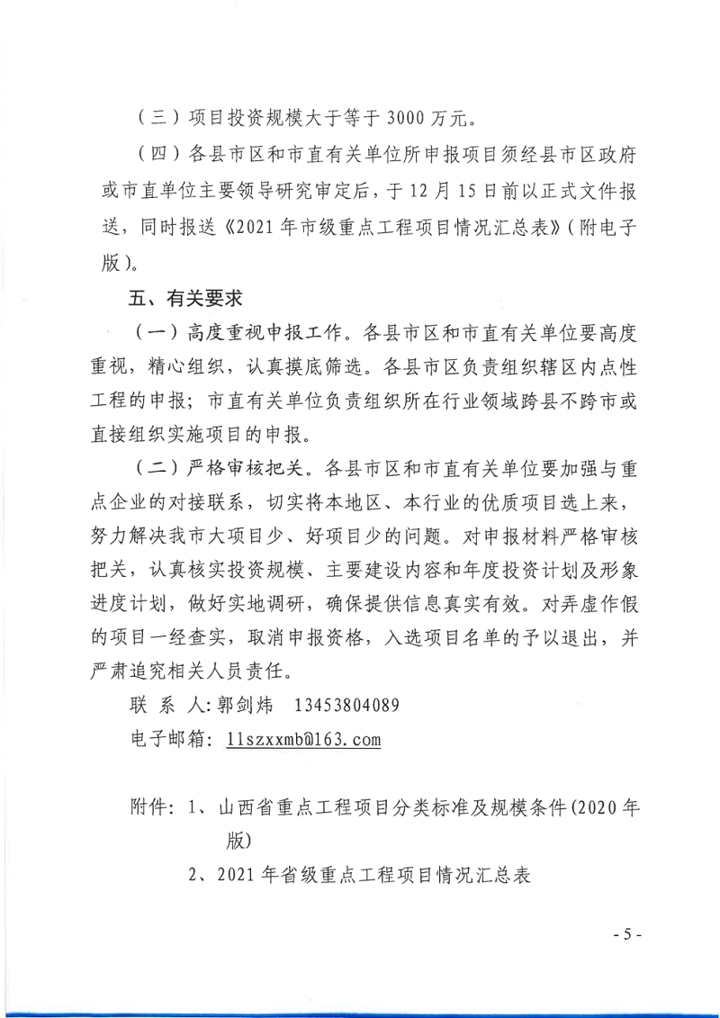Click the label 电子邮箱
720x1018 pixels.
165,739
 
